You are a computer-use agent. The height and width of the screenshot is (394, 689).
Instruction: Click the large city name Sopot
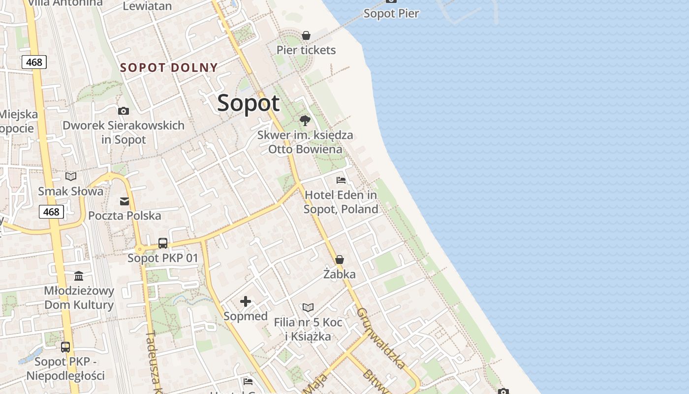click(x=248, y=103)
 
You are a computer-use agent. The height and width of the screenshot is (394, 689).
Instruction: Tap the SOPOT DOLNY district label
click(x=169, y=67)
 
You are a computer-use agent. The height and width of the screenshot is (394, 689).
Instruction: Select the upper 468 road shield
click(x=34, y=62)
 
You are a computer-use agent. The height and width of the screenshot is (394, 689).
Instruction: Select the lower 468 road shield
click(x=51, y=212)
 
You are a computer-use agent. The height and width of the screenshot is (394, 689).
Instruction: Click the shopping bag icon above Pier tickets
click(x=306, y=35)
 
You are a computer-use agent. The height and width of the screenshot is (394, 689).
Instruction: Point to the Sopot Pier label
click(x=391, y=13)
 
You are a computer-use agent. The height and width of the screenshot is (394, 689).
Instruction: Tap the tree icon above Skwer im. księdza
click(x=305, y=120)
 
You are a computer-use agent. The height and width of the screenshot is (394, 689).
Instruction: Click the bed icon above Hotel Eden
click(x=341, y=180)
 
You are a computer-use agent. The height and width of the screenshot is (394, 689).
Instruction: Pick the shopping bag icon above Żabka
click(x=340, y=260)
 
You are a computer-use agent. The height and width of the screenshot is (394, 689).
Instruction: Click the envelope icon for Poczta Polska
click(x=125, y=201)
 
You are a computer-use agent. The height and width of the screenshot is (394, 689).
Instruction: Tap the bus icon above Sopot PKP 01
click(x=163, y=243)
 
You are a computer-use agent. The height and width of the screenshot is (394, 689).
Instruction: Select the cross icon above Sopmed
click(x=246, y=301)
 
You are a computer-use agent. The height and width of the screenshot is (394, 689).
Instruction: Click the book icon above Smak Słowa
click(x=71, y=176)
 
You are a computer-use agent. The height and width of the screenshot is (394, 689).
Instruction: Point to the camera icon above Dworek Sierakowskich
click(x=124, y=111)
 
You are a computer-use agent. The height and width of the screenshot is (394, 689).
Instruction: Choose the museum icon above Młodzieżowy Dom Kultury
click(x=79, y=276)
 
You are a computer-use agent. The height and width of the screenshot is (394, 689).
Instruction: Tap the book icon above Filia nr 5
click(x=308, y=307)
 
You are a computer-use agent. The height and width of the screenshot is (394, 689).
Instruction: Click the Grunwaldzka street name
click(x=381, y=338)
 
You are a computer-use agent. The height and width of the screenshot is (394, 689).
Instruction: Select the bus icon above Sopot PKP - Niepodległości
click(x=65, y=347)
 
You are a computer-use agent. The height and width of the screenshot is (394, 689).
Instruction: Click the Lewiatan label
click(x=147, y=6)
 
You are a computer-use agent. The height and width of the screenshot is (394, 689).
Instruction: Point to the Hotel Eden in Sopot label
click(x=341, y=202)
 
